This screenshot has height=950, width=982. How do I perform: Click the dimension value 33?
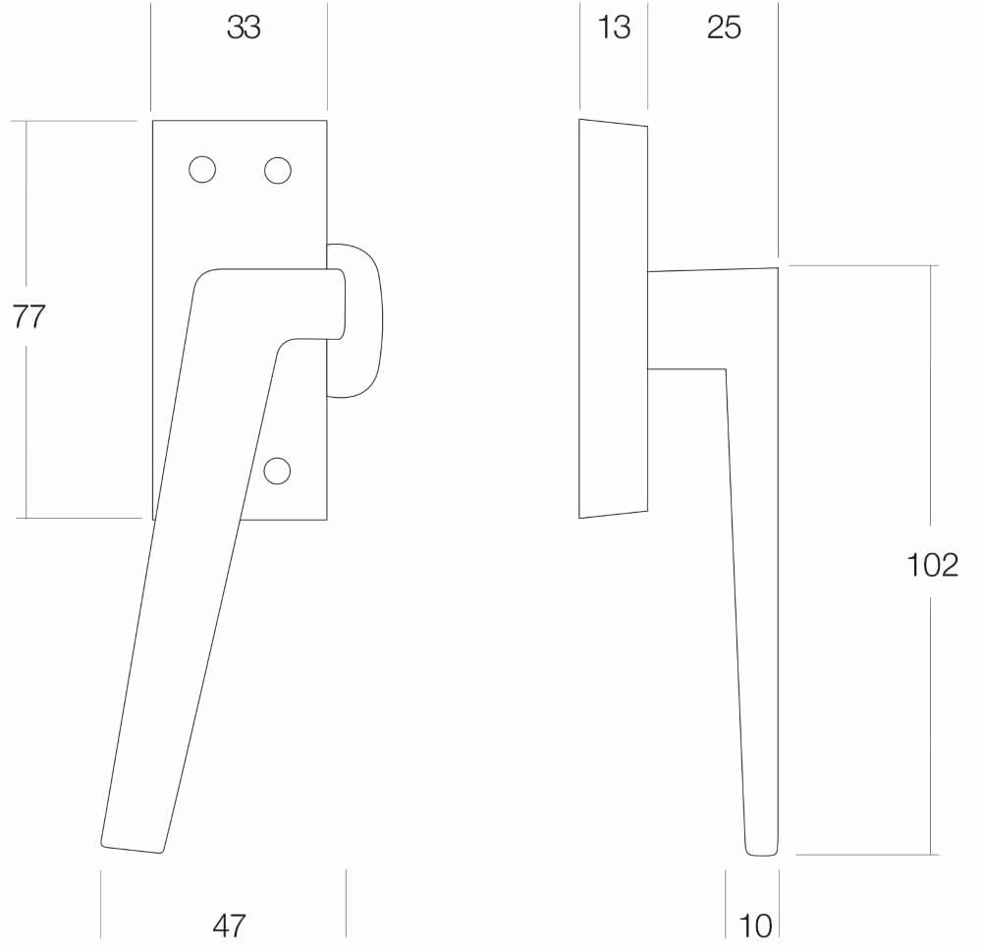click(x=243, y=28)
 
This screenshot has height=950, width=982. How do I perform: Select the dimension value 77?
click(x=28, y=316)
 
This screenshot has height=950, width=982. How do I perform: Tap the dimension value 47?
click(x=229, y=925)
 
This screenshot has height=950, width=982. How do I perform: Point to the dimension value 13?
click(x=614, y=28)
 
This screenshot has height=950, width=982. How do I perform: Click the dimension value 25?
click(x=724, y=28)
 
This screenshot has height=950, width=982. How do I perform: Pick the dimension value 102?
click(x=933, y=565)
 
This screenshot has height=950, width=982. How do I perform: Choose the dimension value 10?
click(x=755, y=925)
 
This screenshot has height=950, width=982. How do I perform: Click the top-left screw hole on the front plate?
click(x=202, y=170)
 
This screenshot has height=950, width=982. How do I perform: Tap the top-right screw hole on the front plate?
click(x=278, y=170)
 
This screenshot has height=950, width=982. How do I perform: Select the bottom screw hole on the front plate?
click(x=277, y=471)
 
